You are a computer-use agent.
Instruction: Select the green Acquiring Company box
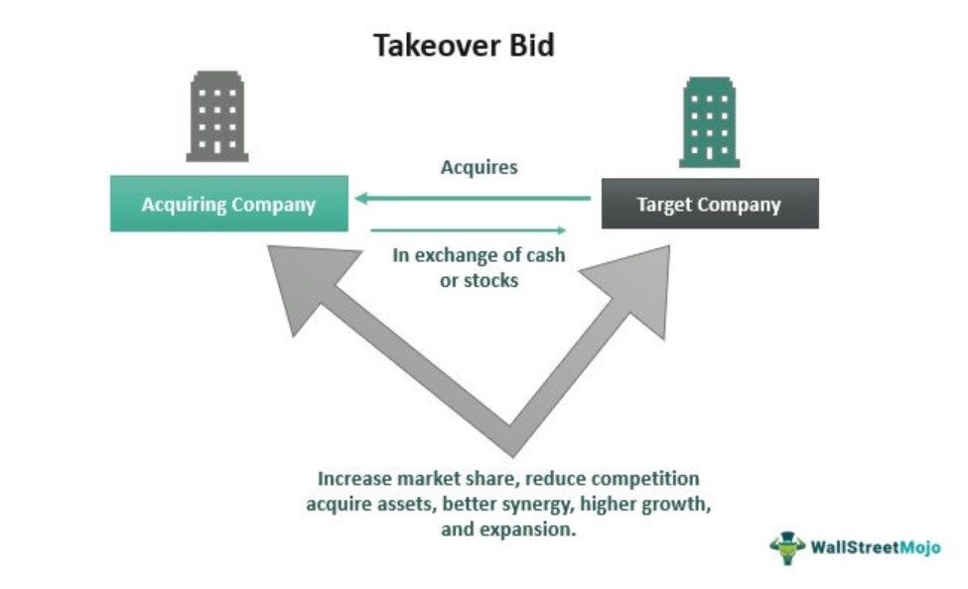[228, 205]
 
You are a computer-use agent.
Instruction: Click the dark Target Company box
[709, 205]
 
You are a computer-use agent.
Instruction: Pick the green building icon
[709, 120]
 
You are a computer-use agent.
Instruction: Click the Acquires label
[480, 167]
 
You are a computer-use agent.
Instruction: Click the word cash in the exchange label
[545, 255]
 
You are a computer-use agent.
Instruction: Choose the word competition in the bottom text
[646, 478]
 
